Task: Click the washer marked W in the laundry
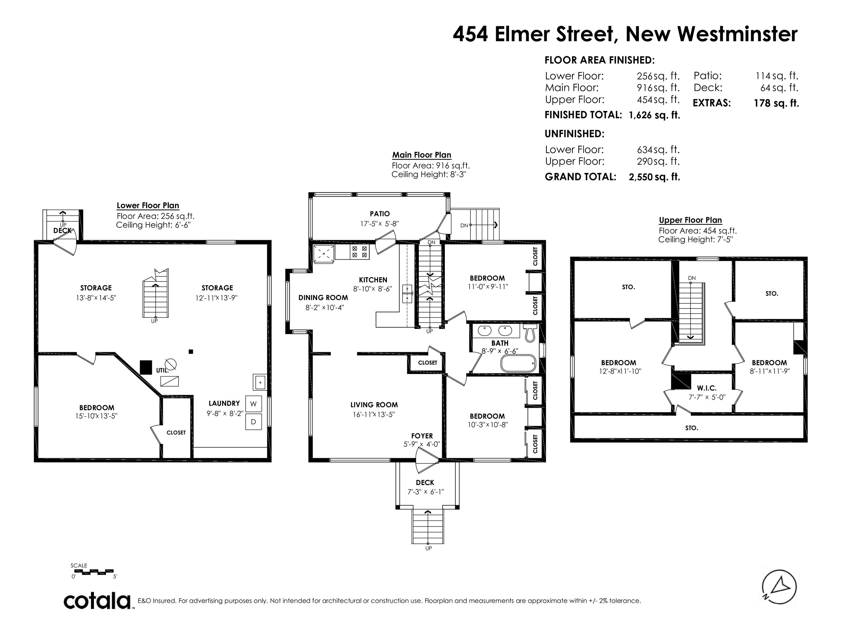coord(254,404)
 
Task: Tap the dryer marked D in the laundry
coord(254,422)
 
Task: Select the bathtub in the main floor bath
coord(518,364)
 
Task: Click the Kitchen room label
coord(373,280)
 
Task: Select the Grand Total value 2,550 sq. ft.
coord(654,177)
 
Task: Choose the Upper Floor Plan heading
coord(690,220)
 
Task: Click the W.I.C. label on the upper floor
coord(707,388)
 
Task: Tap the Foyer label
coord(422,436)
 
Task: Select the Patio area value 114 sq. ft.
coord(777,76)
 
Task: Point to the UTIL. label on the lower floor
coord(163,370)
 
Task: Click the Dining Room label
coord(323,298)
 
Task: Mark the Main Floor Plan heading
coord(422,155)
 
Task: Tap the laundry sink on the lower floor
coord(260,382)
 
